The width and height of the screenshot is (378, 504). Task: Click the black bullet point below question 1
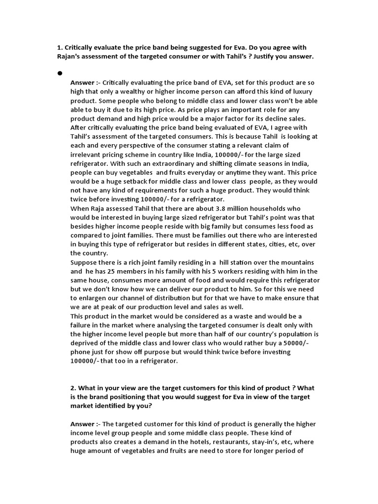pyautogui.click(x=60, y=73)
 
